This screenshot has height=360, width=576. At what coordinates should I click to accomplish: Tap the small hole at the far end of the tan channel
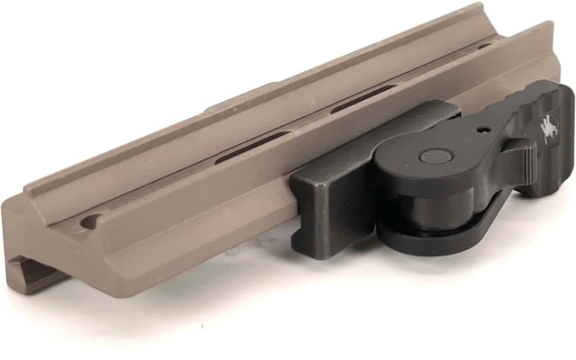tap(485, 45)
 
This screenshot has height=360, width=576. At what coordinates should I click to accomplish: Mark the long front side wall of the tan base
tap(180, 243)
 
